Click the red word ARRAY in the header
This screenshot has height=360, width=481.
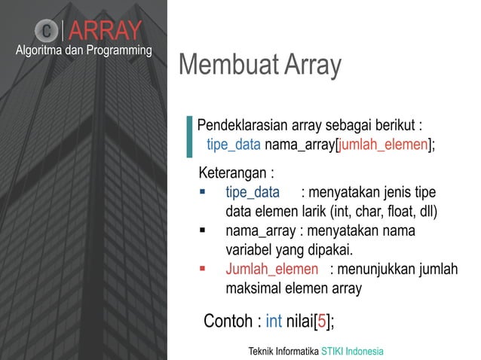point(109,31)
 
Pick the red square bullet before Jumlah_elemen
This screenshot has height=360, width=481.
point(203,269)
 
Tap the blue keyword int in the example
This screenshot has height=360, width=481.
point(274,322)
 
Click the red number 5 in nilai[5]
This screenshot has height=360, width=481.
point(322,322)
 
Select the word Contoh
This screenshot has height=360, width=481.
point(228,322)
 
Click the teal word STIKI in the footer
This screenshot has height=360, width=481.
point(334,351)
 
